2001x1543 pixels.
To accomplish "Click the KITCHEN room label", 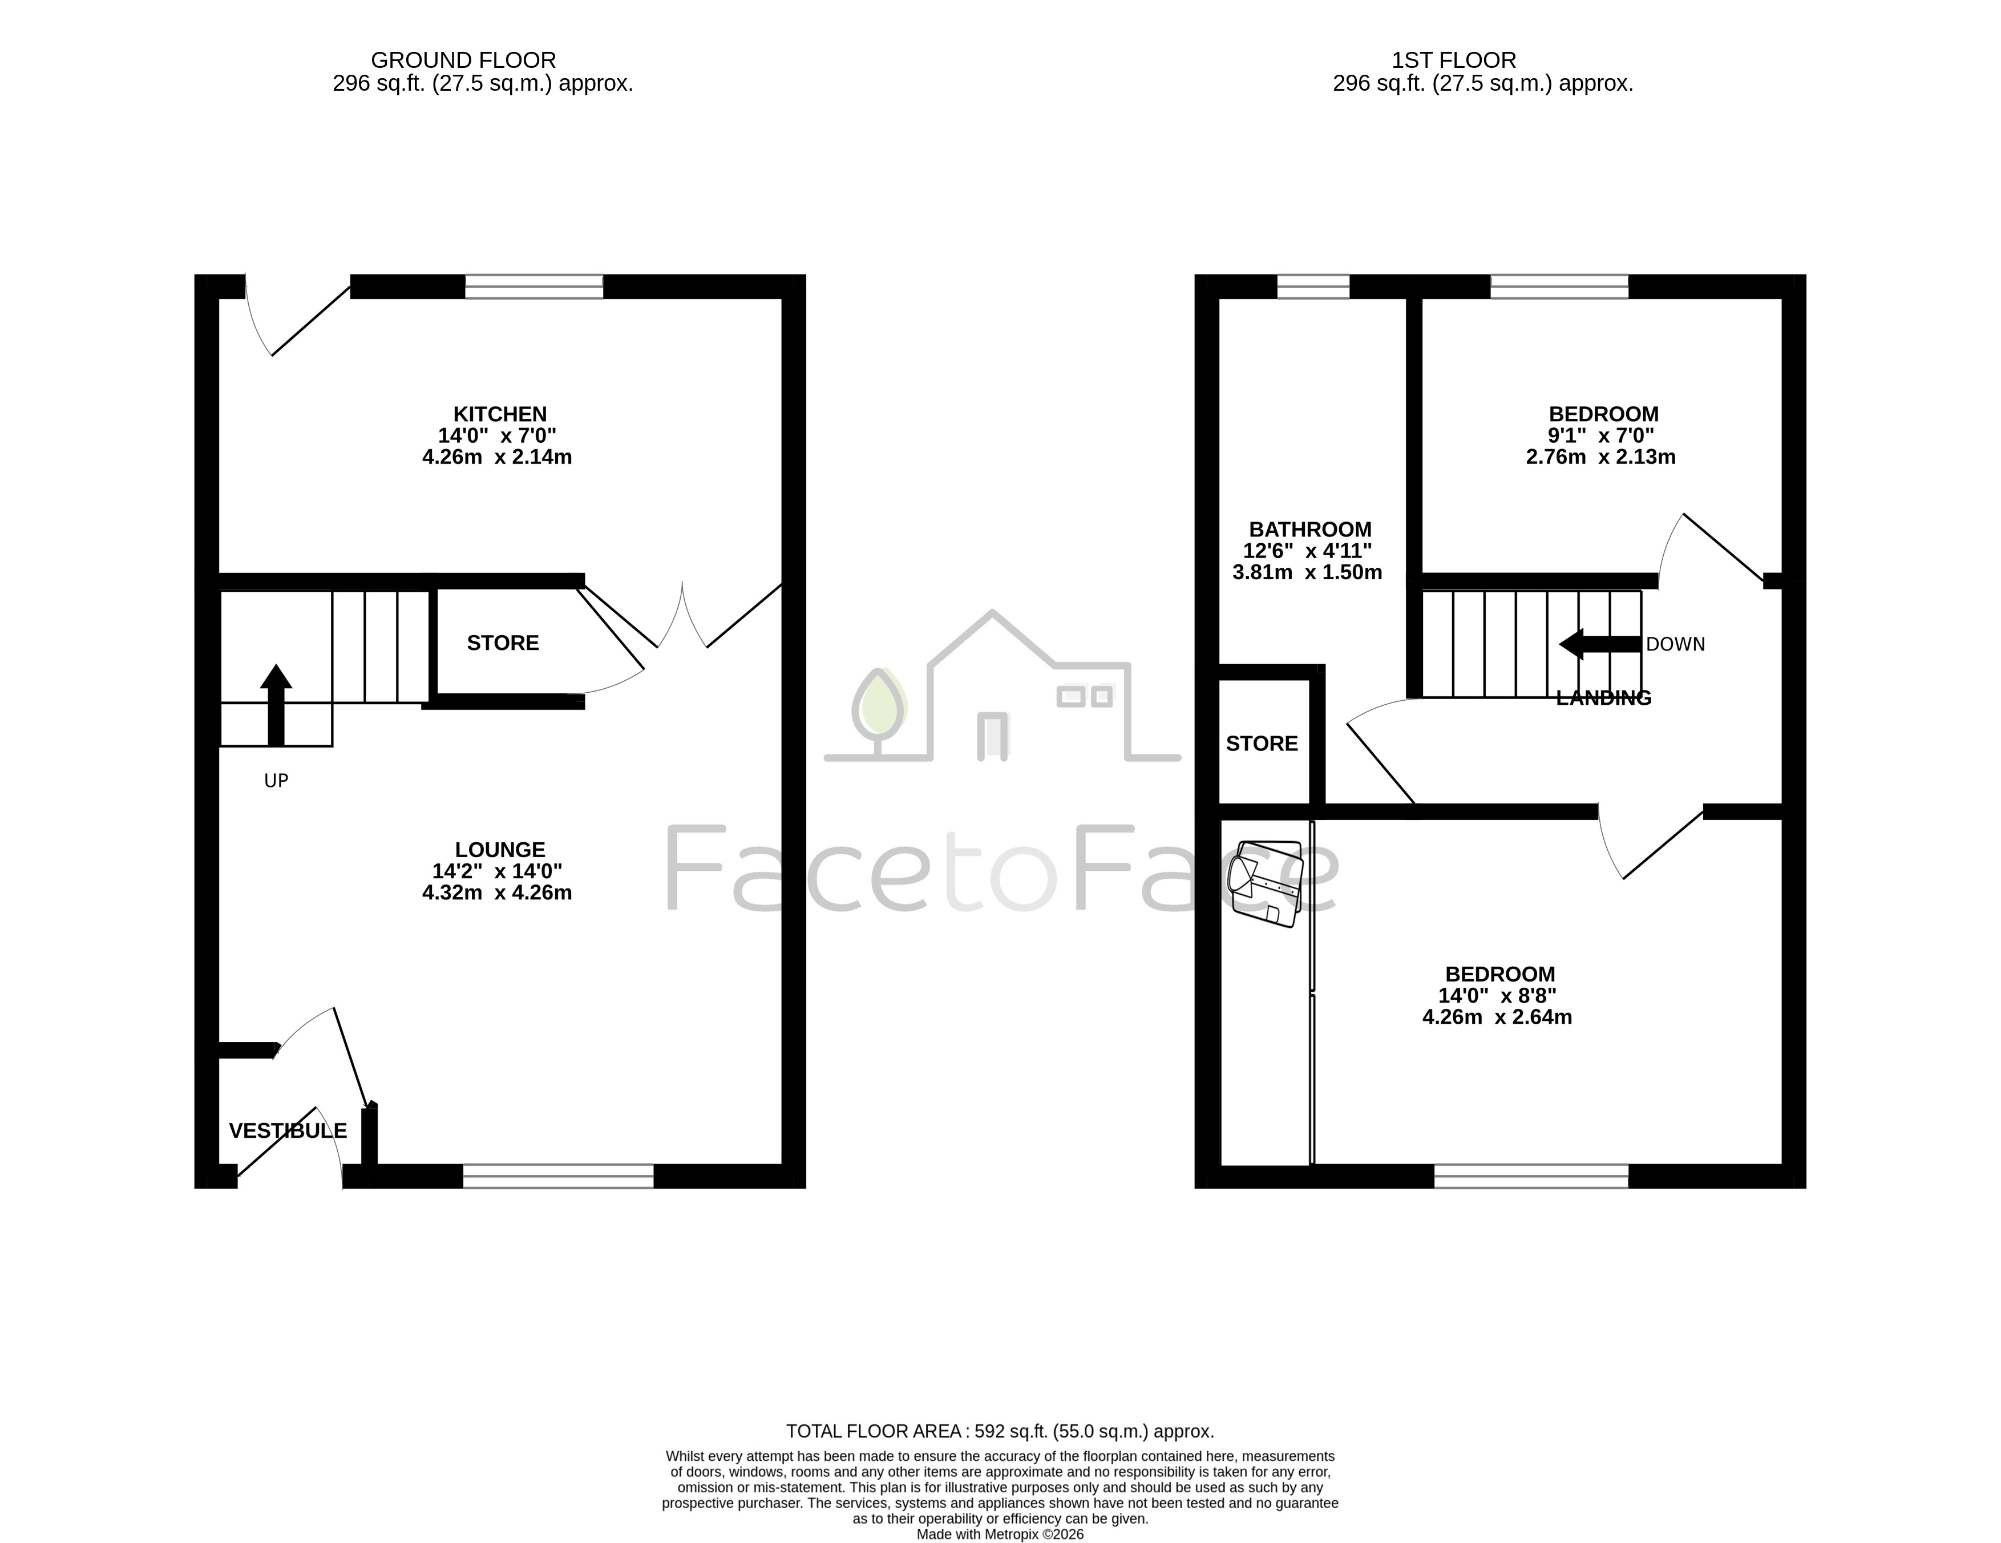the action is coord(500,414).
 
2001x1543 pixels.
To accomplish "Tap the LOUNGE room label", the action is coord(500,850).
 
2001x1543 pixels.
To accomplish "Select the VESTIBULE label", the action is coord(288,1132).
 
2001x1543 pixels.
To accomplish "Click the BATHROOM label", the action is coord(1310,530).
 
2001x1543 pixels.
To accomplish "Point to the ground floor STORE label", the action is coord(503,643).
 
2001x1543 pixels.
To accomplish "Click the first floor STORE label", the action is coord(1262,744).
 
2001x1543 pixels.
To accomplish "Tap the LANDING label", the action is coord(1603,698).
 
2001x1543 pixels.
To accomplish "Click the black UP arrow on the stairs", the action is coord(276,705).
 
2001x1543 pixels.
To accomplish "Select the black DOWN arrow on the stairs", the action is coord(1600,644).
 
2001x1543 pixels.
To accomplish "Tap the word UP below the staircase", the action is coord(276,781).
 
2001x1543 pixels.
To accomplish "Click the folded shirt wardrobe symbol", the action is coord(1267,884).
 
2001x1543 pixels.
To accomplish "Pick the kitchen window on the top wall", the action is coord(534,287).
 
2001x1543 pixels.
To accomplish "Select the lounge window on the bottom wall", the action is coord(558,1177).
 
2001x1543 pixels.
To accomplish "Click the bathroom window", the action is coord(1313,287).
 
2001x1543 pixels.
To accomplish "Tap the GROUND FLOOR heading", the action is coord(464,60).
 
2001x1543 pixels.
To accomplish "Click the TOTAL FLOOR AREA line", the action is coord(1001,1431).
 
